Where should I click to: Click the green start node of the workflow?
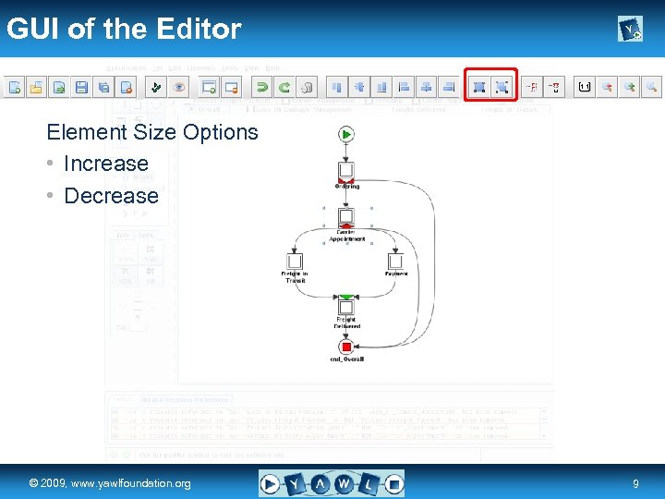tap(346, 134)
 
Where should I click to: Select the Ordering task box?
tap(346, 170)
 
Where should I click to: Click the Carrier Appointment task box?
tap(346, 217)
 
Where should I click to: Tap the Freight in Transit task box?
tap(296, 262)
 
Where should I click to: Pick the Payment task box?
tap(395, 262)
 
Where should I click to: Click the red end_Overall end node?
tap(346, 347)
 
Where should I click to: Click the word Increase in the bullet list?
tap(105, 164)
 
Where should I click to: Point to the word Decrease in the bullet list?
tap(111, 196)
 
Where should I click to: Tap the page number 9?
tap(635, 483)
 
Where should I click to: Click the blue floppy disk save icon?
tap(81, 87)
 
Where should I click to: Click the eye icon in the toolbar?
tap(179, 87)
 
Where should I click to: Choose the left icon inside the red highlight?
tap(479, 87)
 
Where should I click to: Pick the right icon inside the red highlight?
tap(502, 87)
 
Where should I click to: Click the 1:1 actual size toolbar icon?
tap(584, 87)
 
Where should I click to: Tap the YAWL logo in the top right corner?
tap(630, 30)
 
